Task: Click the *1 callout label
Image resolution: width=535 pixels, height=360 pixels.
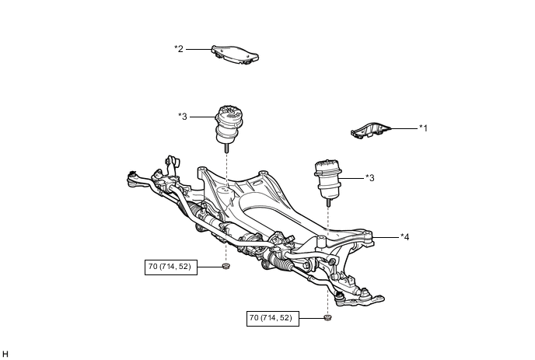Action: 424,128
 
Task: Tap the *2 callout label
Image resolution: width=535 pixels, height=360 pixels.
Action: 179,48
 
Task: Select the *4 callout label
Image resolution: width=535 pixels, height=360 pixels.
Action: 404,236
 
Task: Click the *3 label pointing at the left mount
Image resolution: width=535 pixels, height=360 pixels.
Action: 183,117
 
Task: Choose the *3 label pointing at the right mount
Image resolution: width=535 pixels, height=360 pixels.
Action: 370,178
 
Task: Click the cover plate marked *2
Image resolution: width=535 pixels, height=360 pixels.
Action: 236,54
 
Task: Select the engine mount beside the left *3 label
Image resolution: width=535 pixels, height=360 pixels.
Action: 229,123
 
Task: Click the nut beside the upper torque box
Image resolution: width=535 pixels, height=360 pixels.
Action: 226,267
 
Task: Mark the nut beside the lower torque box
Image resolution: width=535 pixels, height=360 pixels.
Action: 327,318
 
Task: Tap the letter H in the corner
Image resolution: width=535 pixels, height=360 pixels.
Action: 5,354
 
